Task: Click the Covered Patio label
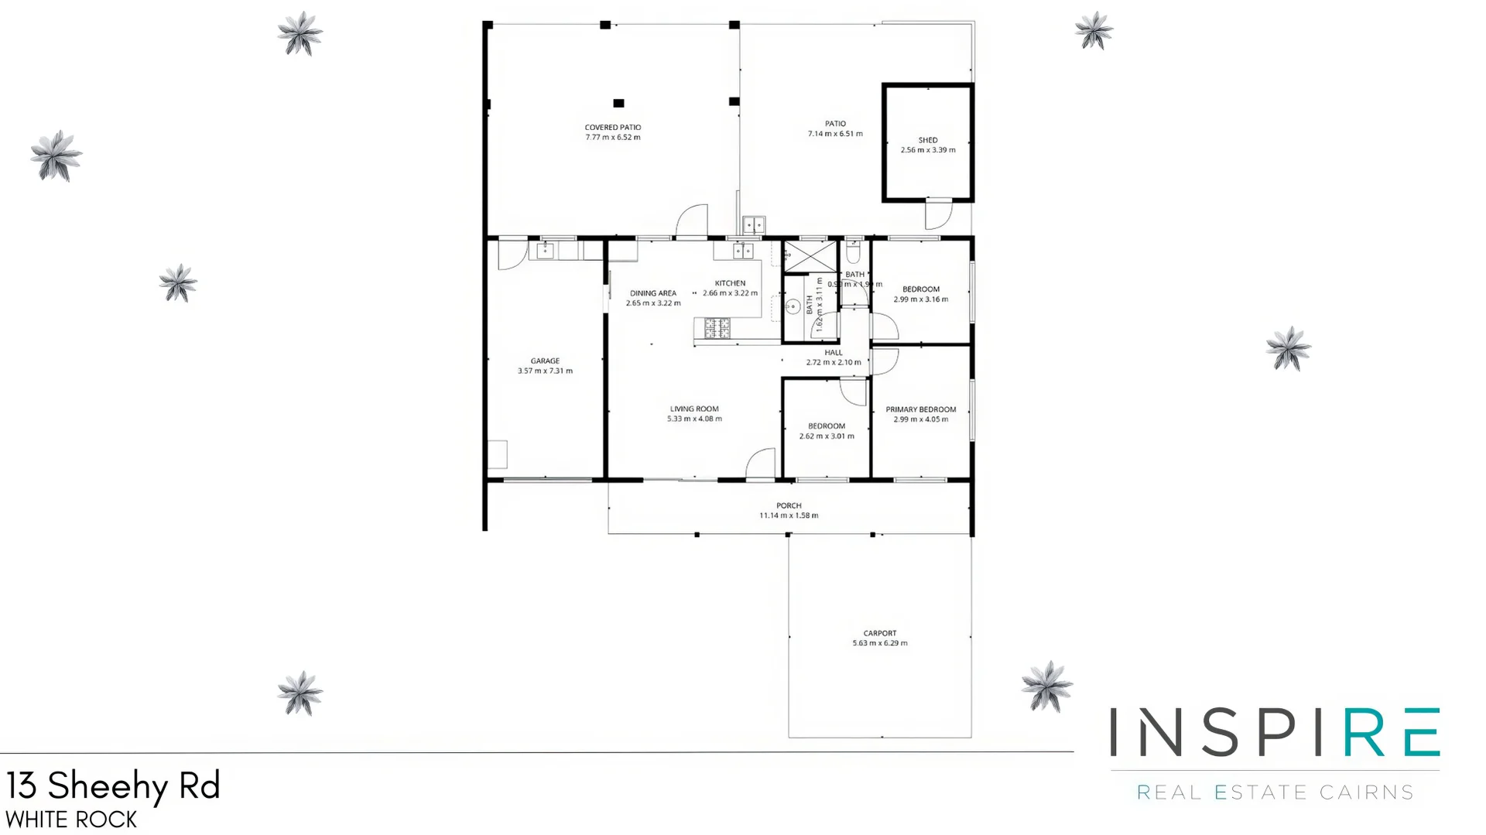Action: (612, 128)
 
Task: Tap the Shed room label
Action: (927, 140)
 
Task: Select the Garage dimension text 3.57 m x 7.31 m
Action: (545, 371)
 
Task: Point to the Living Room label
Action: (694, 409)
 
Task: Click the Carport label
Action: (880, 633)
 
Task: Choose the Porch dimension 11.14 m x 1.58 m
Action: (789, 515)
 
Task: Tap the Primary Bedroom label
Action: (920, 409)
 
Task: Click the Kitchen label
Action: (730, 283)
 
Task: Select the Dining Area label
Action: (652, 293)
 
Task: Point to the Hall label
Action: (833, 353)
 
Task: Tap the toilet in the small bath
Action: (853, 252)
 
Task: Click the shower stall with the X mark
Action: (810, 256)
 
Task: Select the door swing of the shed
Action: (937, 214)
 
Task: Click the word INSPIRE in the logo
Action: (1274, 732)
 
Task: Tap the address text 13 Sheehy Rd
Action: (113, 786)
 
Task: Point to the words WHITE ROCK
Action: (71, 820)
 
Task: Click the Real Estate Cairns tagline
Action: (1274, 792)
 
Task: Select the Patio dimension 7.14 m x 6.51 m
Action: (835, 134)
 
